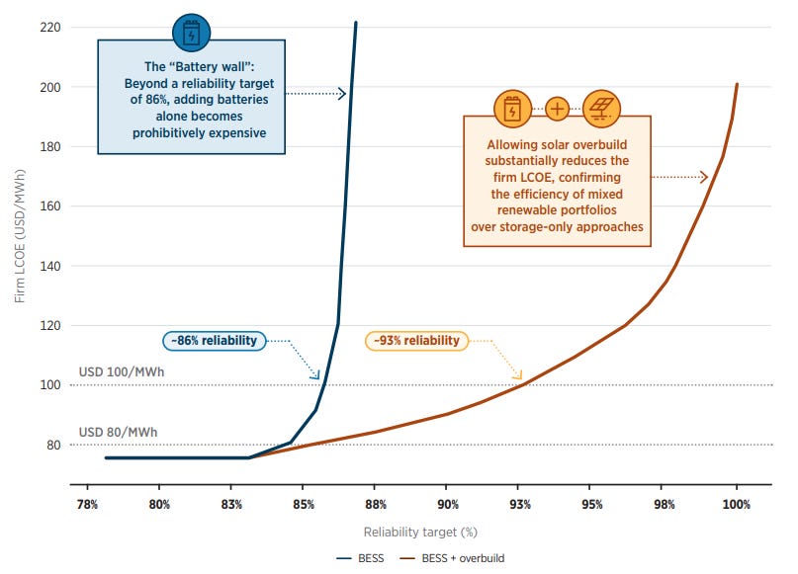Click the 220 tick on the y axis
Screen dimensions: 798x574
click(49, 27)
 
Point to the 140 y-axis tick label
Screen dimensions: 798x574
click(49, 266)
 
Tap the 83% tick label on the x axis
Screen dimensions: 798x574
click(231, 504)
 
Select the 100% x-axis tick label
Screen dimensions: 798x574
click(736, 504)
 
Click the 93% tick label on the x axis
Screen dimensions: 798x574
click(519, 504)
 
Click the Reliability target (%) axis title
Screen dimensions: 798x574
click(420, 533)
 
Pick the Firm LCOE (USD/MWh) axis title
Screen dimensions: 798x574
click(20, 236)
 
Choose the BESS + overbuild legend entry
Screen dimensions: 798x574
click(452, 558)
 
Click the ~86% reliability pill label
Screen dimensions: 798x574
click(215, 341)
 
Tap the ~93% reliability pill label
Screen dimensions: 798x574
click(416, 341)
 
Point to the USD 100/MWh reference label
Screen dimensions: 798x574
click(121, 372)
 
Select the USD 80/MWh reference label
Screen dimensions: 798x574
click(118, 432)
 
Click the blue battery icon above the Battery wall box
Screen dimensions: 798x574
click(192, 33)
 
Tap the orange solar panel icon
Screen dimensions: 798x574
click(601, 109)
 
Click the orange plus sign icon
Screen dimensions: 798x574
click(558, 109)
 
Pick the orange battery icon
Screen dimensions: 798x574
click(512, 109)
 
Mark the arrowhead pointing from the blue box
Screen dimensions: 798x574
click(342, 94)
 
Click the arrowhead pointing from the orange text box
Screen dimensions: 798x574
click(704, 177)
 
